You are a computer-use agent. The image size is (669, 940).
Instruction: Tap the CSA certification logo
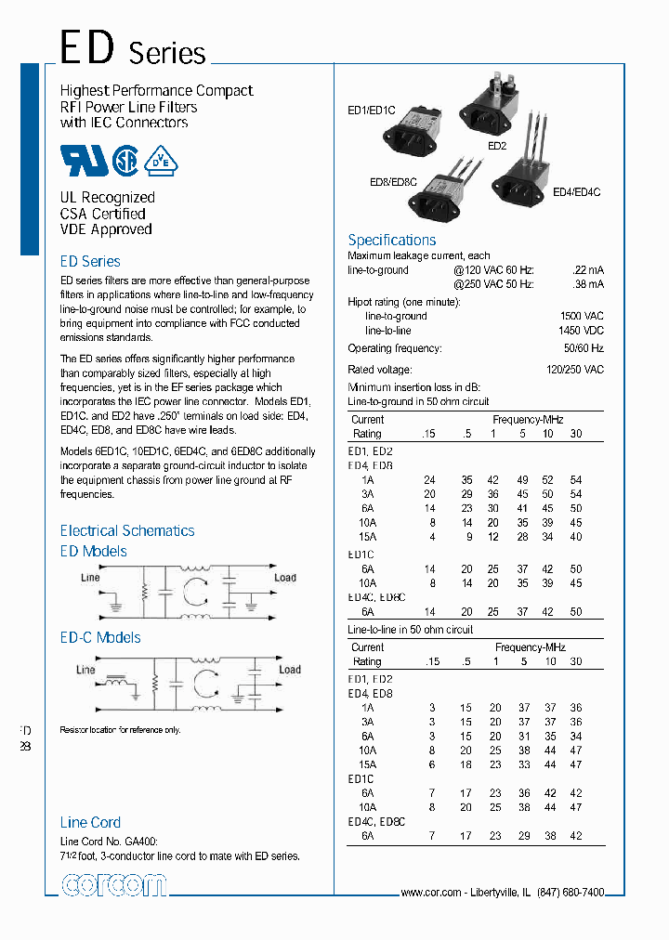[x=126, y=161]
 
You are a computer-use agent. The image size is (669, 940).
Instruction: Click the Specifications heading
[x=391, y=240]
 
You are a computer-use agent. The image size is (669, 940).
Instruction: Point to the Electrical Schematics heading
[x=127, y=530]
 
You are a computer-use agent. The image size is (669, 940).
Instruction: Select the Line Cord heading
[x=90, y=822]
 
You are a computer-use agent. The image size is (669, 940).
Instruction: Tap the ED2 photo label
[x=496, y=146]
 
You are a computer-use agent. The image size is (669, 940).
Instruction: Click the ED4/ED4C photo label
[x=576, y=192]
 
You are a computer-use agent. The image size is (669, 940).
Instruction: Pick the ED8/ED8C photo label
[x=392, y=181]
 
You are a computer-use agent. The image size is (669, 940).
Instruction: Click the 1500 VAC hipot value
[x=582, y=316]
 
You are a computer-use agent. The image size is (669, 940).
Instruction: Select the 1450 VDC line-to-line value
[x=582, y=331]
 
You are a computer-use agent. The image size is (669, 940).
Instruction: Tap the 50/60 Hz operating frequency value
[x=584, y=348]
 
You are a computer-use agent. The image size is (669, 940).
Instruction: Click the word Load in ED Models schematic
[x=285, y=577]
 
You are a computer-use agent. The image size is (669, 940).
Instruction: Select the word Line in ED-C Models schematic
[x=85, y=669]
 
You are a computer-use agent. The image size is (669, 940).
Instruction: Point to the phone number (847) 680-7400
[x=569, y=892]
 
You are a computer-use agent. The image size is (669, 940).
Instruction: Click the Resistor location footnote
[x=120, y=730]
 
